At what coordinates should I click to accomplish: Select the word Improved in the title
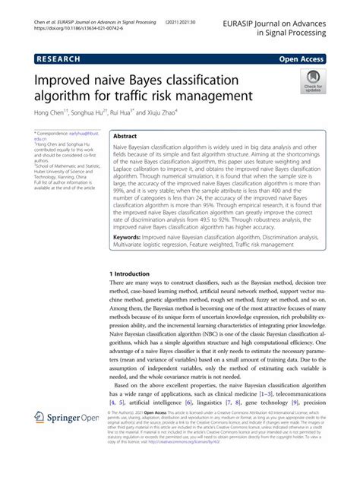point(65,81)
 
